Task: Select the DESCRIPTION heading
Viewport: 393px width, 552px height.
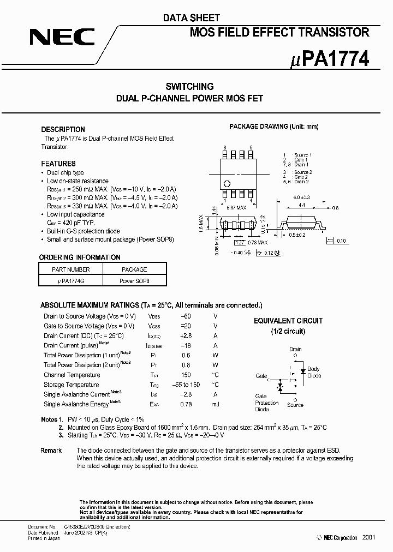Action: [63, 129]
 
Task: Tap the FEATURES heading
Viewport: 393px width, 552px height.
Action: [58, 164]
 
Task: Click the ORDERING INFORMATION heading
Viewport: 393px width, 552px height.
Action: [80, 257]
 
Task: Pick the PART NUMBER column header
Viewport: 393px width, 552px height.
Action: [71, 269]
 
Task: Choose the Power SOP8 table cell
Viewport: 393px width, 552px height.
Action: [134, 280]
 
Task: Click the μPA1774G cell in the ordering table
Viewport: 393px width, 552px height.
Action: [71, 280]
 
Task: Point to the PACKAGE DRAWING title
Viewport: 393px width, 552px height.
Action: [273, 127]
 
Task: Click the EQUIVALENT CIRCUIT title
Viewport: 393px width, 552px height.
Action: [288, 321]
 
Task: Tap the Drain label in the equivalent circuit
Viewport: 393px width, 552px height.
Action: [295, 349]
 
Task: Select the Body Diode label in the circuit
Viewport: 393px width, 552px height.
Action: [314, 372]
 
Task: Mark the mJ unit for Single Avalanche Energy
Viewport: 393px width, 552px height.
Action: [215, 404]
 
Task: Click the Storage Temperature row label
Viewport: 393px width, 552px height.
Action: [72, 385]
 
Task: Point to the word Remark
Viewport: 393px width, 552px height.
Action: [51, 451]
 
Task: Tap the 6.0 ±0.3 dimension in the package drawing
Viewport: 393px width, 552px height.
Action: [301, 197]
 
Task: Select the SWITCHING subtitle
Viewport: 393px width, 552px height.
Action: [189, 86]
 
